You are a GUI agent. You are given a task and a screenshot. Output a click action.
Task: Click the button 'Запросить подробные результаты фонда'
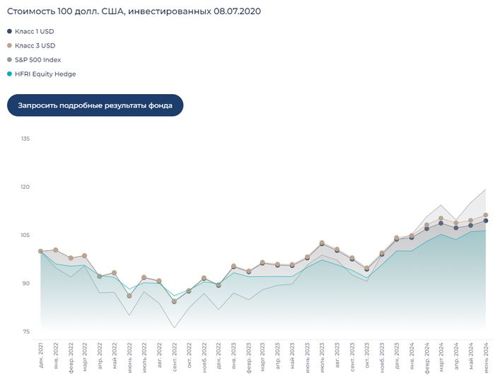click(x=95, y=105)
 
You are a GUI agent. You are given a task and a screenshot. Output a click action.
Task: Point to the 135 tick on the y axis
click(x=25, y=139)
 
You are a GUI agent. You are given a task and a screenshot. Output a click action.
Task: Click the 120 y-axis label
click(x=25, y=187)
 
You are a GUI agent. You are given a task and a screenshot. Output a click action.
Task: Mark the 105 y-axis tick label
click(x=25, y=235)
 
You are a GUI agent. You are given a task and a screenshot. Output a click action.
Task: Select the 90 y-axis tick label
click(x=25, y=284)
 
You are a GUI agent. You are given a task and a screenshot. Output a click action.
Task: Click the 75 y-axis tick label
click(x=25, y=332)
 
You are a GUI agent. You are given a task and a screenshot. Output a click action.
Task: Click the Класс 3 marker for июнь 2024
click(x=486, y=215)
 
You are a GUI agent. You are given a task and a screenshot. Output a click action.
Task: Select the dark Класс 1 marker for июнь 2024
click(x=486, y=221)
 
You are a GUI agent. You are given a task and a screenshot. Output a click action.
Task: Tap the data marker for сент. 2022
click(x=174, y=301)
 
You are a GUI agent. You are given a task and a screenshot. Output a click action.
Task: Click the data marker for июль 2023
click(x=322, y=243)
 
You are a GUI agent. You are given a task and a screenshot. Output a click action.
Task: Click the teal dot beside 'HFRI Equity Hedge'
click(x=9, y=74)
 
